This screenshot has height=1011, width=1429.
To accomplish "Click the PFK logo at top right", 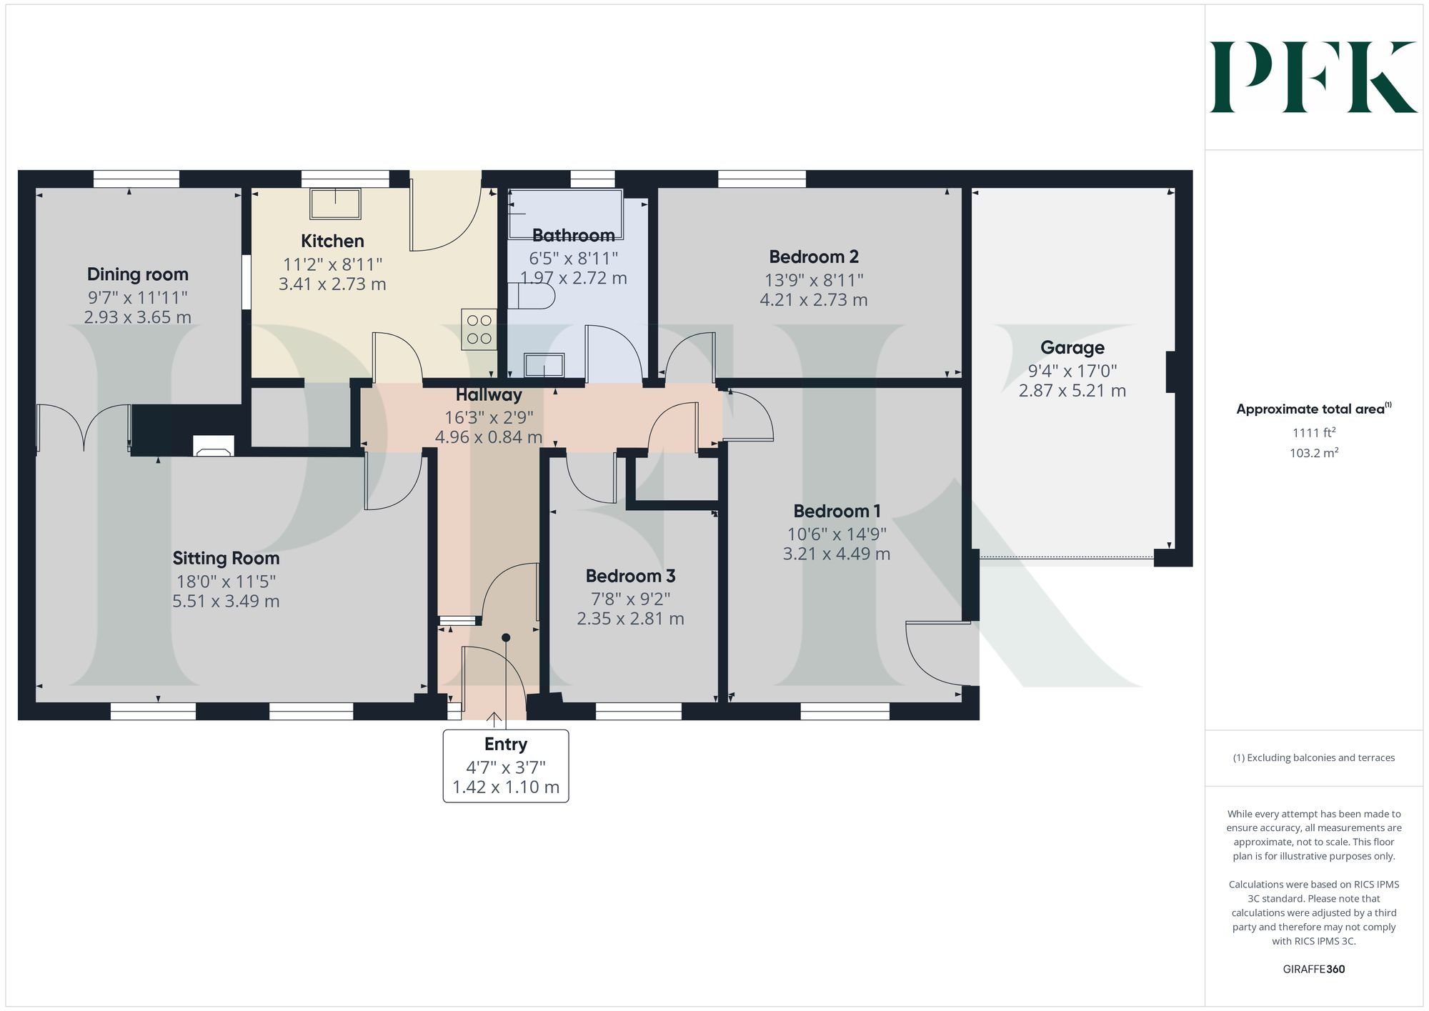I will (1313, 77).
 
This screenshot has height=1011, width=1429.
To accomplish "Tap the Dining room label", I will (138, 274).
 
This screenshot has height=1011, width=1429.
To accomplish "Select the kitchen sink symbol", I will (335, 204).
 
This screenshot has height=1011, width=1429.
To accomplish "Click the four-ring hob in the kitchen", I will (479, 329).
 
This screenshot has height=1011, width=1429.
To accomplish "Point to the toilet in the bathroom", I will (531, 295).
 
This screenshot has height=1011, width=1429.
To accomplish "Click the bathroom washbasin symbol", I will (544, 366).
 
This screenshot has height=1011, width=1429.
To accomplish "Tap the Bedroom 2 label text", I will (814, 257).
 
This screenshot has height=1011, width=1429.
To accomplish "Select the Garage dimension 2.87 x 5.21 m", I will (1072, 391).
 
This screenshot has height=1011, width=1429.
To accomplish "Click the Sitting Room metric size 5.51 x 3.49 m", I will (226, 602).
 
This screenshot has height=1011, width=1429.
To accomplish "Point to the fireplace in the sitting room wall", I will (214, 447).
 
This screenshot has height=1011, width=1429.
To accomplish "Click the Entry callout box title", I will (506, 744).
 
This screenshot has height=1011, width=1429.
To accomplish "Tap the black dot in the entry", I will (506, 637).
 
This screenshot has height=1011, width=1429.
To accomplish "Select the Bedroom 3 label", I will (630, 576).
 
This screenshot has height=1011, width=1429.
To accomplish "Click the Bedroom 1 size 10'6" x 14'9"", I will (837, 534).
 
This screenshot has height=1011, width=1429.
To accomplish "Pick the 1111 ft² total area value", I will (1313, 432).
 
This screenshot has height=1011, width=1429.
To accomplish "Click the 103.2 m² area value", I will (1313, 453).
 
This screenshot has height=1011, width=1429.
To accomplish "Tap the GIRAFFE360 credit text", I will (1313, 970).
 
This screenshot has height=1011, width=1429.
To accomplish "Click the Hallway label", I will (489, 394).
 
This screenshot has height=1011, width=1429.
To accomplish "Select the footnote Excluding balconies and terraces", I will (1313, 758).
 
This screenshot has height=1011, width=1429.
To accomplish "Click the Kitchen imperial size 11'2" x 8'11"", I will (332, 264).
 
